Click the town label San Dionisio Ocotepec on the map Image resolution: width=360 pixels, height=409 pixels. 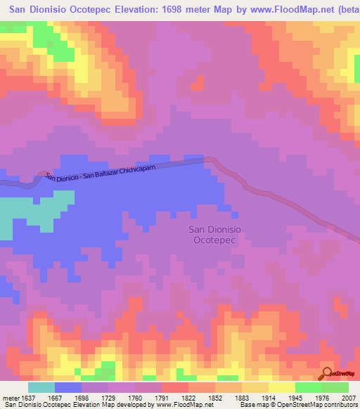pyautogui.click(x=217, y=234)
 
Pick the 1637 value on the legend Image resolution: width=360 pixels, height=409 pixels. pyautogui.click(x=26, y=397)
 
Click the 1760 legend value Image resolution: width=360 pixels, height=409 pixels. pyautogui.click(x=136, y=397)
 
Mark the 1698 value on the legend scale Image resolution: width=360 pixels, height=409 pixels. pyautogui.click(x=81, y=397)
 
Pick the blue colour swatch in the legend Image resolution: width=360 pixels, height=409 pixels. pyautogui.click(x=68, y=387)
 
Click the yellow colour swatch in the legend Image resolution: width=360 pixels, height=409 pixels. pyautogui.click(x=281, y=387)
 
